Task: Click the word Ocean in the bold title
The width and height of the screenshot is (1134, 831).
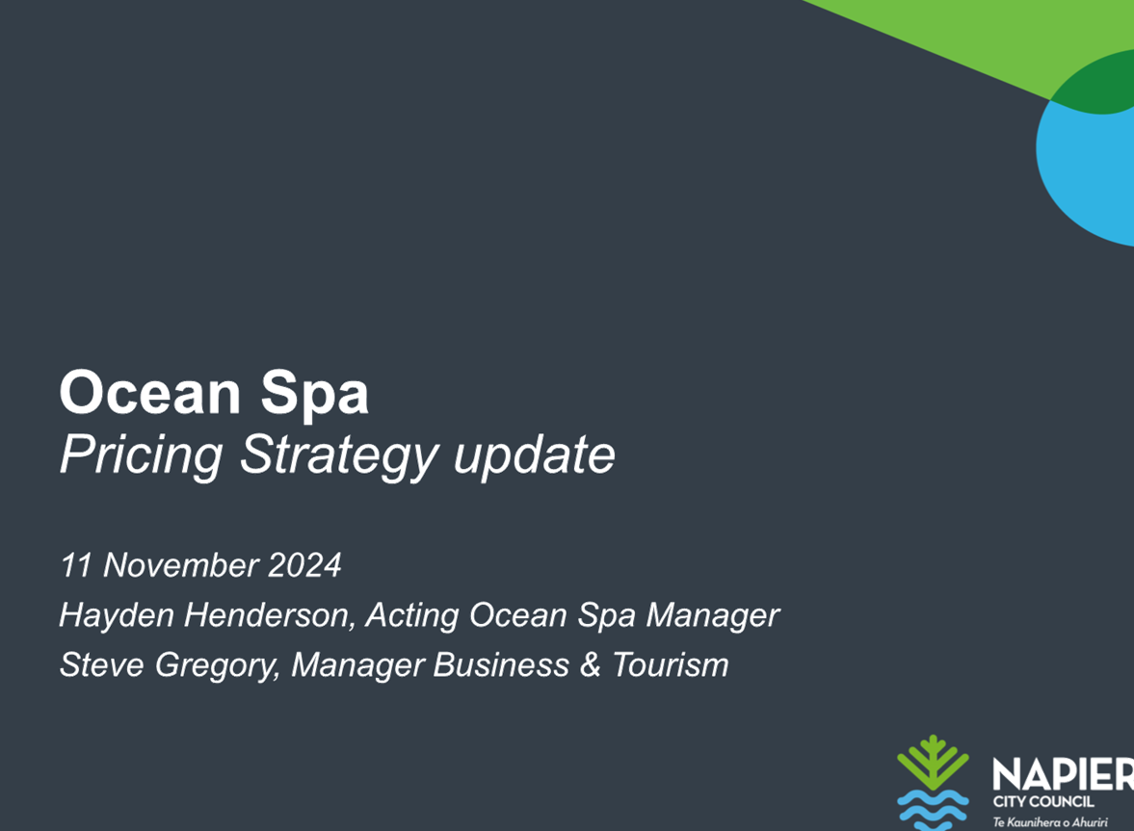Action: [149, 392]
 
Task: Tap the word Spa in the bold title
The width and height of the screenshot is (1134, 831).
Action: [315, 396]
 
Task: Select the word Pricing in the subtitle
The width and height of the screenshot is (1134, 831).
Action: [141, 456]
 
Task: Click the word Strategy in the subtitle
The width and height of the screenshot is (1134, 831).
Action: [338, 456]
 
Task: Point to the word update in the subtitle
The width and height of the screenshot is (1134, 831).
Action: [535, 456]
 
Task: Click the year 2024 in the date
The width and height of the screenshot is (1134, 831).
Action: [304, 565]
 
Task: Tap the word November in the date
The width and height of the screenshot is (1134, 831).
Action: [181, 565]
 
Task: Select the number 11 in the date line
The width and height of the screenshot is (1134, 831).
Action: [74, 565]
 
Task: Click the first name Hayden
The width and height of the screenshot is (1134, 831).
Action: [117, 616]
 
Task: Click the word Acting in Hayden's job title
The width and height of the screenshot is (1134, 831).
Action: [412, 616]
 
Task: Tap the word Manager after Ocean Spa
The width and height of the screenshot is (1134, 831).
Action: [712, 616]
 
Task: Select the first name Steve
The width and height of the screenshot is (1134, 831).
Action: [102, 664]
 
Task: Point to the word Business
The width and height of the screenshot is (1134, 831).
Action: [501, 664]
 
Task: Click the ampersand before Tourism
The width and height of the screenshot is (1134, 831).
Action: [591, 664]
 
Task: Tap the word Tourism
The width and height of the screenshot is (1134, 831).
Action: [671, 664]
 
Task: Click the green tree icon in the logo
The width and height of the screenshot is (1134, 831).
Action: [933, 763]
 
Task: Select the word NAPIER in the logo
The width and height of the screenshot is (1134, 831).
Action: [1063, 774]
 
